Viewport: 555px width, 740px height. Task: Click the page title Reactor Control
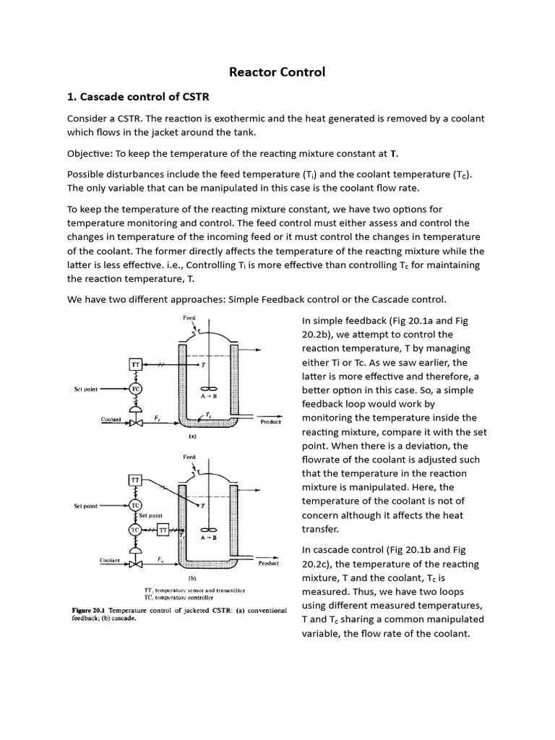coord(277,72)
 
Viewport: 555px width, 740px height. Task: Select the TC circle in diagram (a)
coord(134,389)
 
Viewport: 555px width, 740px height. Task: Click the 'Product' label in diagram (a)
coord(270,422)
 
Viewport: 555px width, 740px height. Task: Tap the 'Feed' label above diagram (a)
coord(189,317)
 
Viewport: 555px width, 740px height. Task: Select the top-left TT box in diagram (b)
coord(134,480)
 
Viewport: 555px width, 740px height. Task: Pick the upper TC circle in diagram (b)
coord(134,505)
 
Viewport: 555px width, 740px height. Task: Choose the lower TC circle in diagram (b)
coord(134,530)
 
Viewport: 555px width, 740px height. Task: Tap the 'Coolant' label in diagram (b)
coord(110,560)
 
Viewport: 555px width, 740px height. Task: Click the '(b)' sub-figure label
coord(192,579)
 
